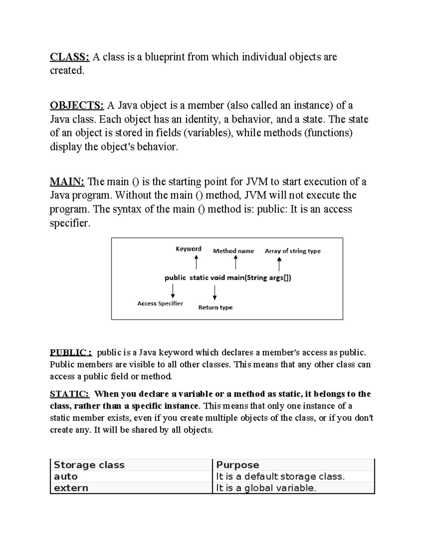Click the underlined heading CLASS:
pyautogui.click(x=70, y=57)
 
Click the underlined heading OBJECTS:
pyautogui.click(x=77, y=105)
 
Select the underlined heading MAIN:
pyautogui.click(x=67, y=182)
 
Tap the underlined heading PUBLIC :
pyautogui.click(x=71, y=352)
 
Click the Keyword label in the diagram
pyautogui.click(x=189, y=249)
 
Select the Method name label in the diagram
pyautogui.click(x=234, y=251)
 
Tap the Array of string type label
pyautogui.click(x=293, y=251)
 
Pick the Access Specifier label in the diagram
pyautogui.click(x=160, y=303)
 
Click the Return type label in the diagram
pyautogui.click(x=216, y=308)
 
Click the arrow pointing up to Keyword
pyautogui.click(x=196, y=262)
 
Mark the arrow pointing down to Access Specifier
pyautogui.click(x=173, y=291)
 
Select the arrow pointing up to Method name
pyautogui.click(x=236, y=262)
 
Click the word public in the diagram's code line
pyautogui.click(x=175, y=278)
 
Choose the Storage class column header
pyautogui.click(x=89, y=465)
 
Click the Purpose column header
pyautogui.click(x=237, y=465)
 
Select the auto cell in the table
pyautogui.click(x=66, y=477)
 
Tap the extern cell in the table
pyautogui.click(x=71, y=488)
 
